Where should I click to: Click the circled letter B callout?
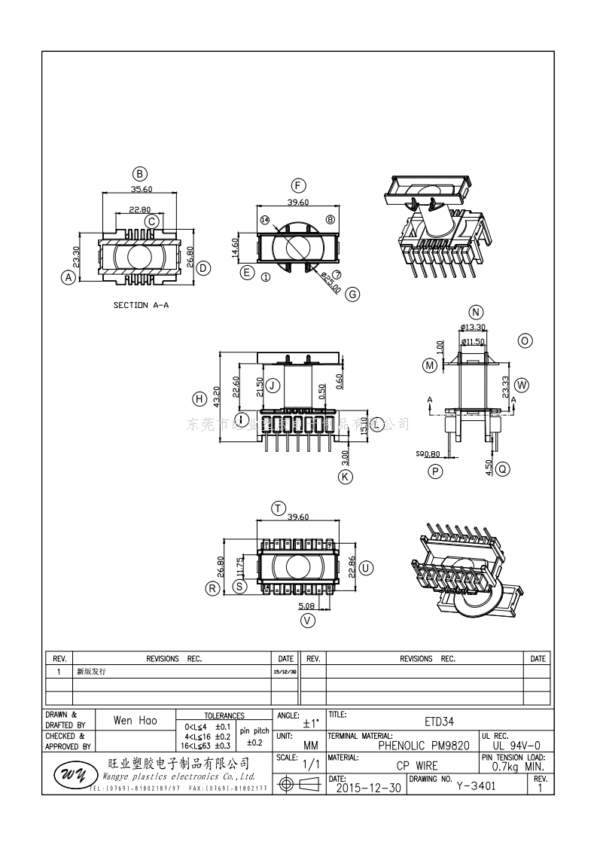pos(139,172)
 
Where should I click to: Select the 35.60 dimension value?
pos(141,189)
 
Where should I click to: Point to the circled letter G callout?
pos(352,294)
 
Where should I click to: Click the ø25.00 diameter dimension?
pos(330,282)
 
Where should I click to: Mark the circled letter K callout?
pos(346,476)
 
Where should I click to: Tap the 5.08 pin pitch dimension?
pos(306,605)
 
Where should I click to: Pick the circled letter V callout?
pos(307,621)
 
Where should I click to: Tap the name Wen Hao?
pos(136,721)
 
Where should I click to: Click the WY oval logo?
pos(72,774)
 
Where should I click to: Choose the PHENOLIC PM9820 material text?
pos(424,746)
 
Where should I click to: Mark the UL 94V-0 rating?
pos(514,746)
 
